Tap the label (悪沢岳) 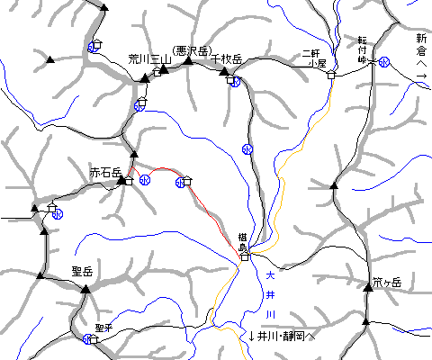click(x=191, y=50)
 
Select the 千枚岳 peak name click(x=226, y=58)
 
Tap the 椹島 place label click(x=243, y=238)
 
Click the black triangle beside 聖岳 click(x=85, y=289)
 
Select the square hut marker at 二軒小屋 click(x=330, y=75)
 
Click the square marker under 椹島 click(x=244, y=256)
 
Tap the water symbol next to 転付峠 click(x=384, y=62)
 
